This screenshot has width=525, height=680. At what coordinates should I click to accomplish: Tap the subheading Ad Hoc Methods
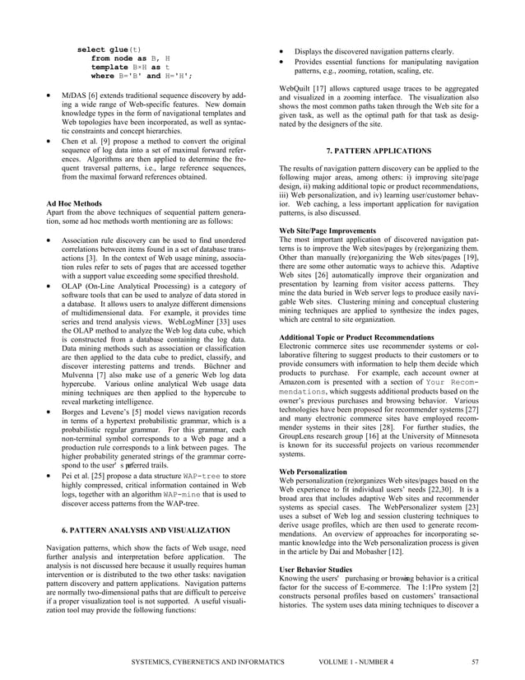[x=74, y=202]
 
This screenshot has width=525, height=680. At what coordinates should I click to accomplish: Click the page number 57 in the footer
[x=475, y=661]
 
